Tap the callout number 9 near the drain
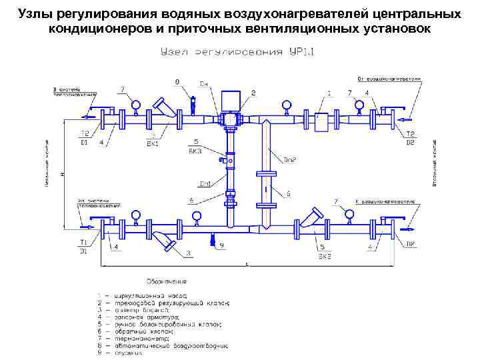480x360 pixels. tap(222, 245)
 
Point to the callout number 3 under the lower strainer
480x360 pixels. tap(188, 253)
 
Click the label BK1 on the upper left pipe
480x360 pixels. tap(153, 142)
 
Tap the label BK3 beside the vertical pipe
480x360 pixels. tap(195, 151)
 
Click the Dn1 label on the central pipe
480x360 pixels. tap(205, 183)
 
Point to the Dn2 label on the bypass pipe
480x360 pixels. tap(289, 160)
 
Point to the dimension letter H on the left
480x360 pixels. tap(61, 175)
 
